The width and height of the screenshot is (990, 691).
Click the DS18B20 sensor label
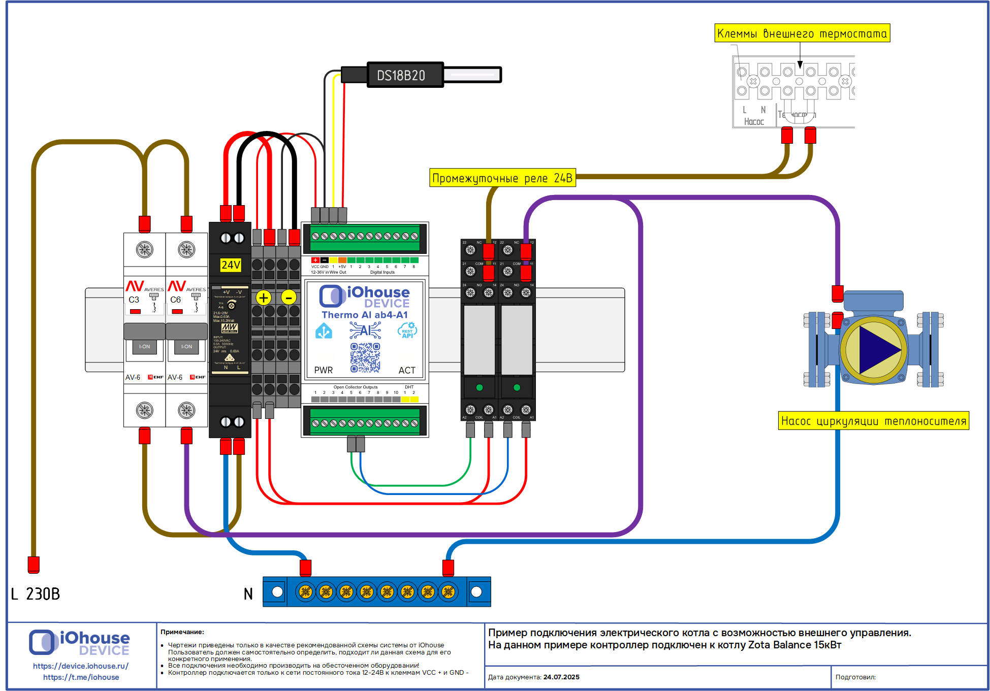click(401, 76)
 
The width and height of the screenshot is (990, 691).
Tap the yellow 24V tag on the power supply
click(231, 265)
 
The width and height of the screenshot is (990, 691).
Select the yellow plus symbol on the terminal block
click(264, 298)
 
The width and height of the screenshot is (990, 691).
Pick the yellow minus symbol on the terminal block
click(289, 298)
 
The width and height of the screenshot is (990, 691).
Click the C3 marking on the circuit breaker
click(134, 300)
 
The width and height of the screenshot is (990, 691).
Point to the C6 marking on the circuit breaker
click(176, 300)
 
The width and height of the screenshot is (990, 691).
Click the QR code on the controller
click(365, 357)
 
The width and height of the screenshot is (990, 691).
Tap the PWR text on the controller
click(323, 370)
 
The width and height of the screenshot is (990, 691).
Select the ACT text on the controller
click(406, 370)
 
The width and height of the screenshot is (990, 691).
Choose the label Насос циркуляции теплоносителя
click(873, 421)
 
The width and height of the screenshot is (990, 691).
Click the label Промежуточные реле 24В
click(502, 178)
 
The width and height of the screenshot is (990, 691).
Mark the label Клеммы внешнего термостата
click(802, 34)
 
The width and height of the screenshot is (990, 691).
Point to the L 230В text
click(36, 594)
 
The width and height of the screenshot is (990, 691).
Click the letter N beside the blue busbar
click(248, 594)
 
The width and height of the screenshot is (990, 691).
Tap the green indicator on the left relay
click(480, 387)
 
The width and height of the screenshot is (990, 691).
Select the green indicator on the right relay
click(517, 387)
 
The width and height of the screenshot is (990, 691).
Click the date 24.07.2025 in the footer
click(561, 677)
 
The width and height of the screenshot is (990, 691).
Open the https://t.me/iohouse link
click(81, 677)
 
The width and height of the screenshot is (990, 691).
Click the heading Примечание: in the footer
click(182, 632)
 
